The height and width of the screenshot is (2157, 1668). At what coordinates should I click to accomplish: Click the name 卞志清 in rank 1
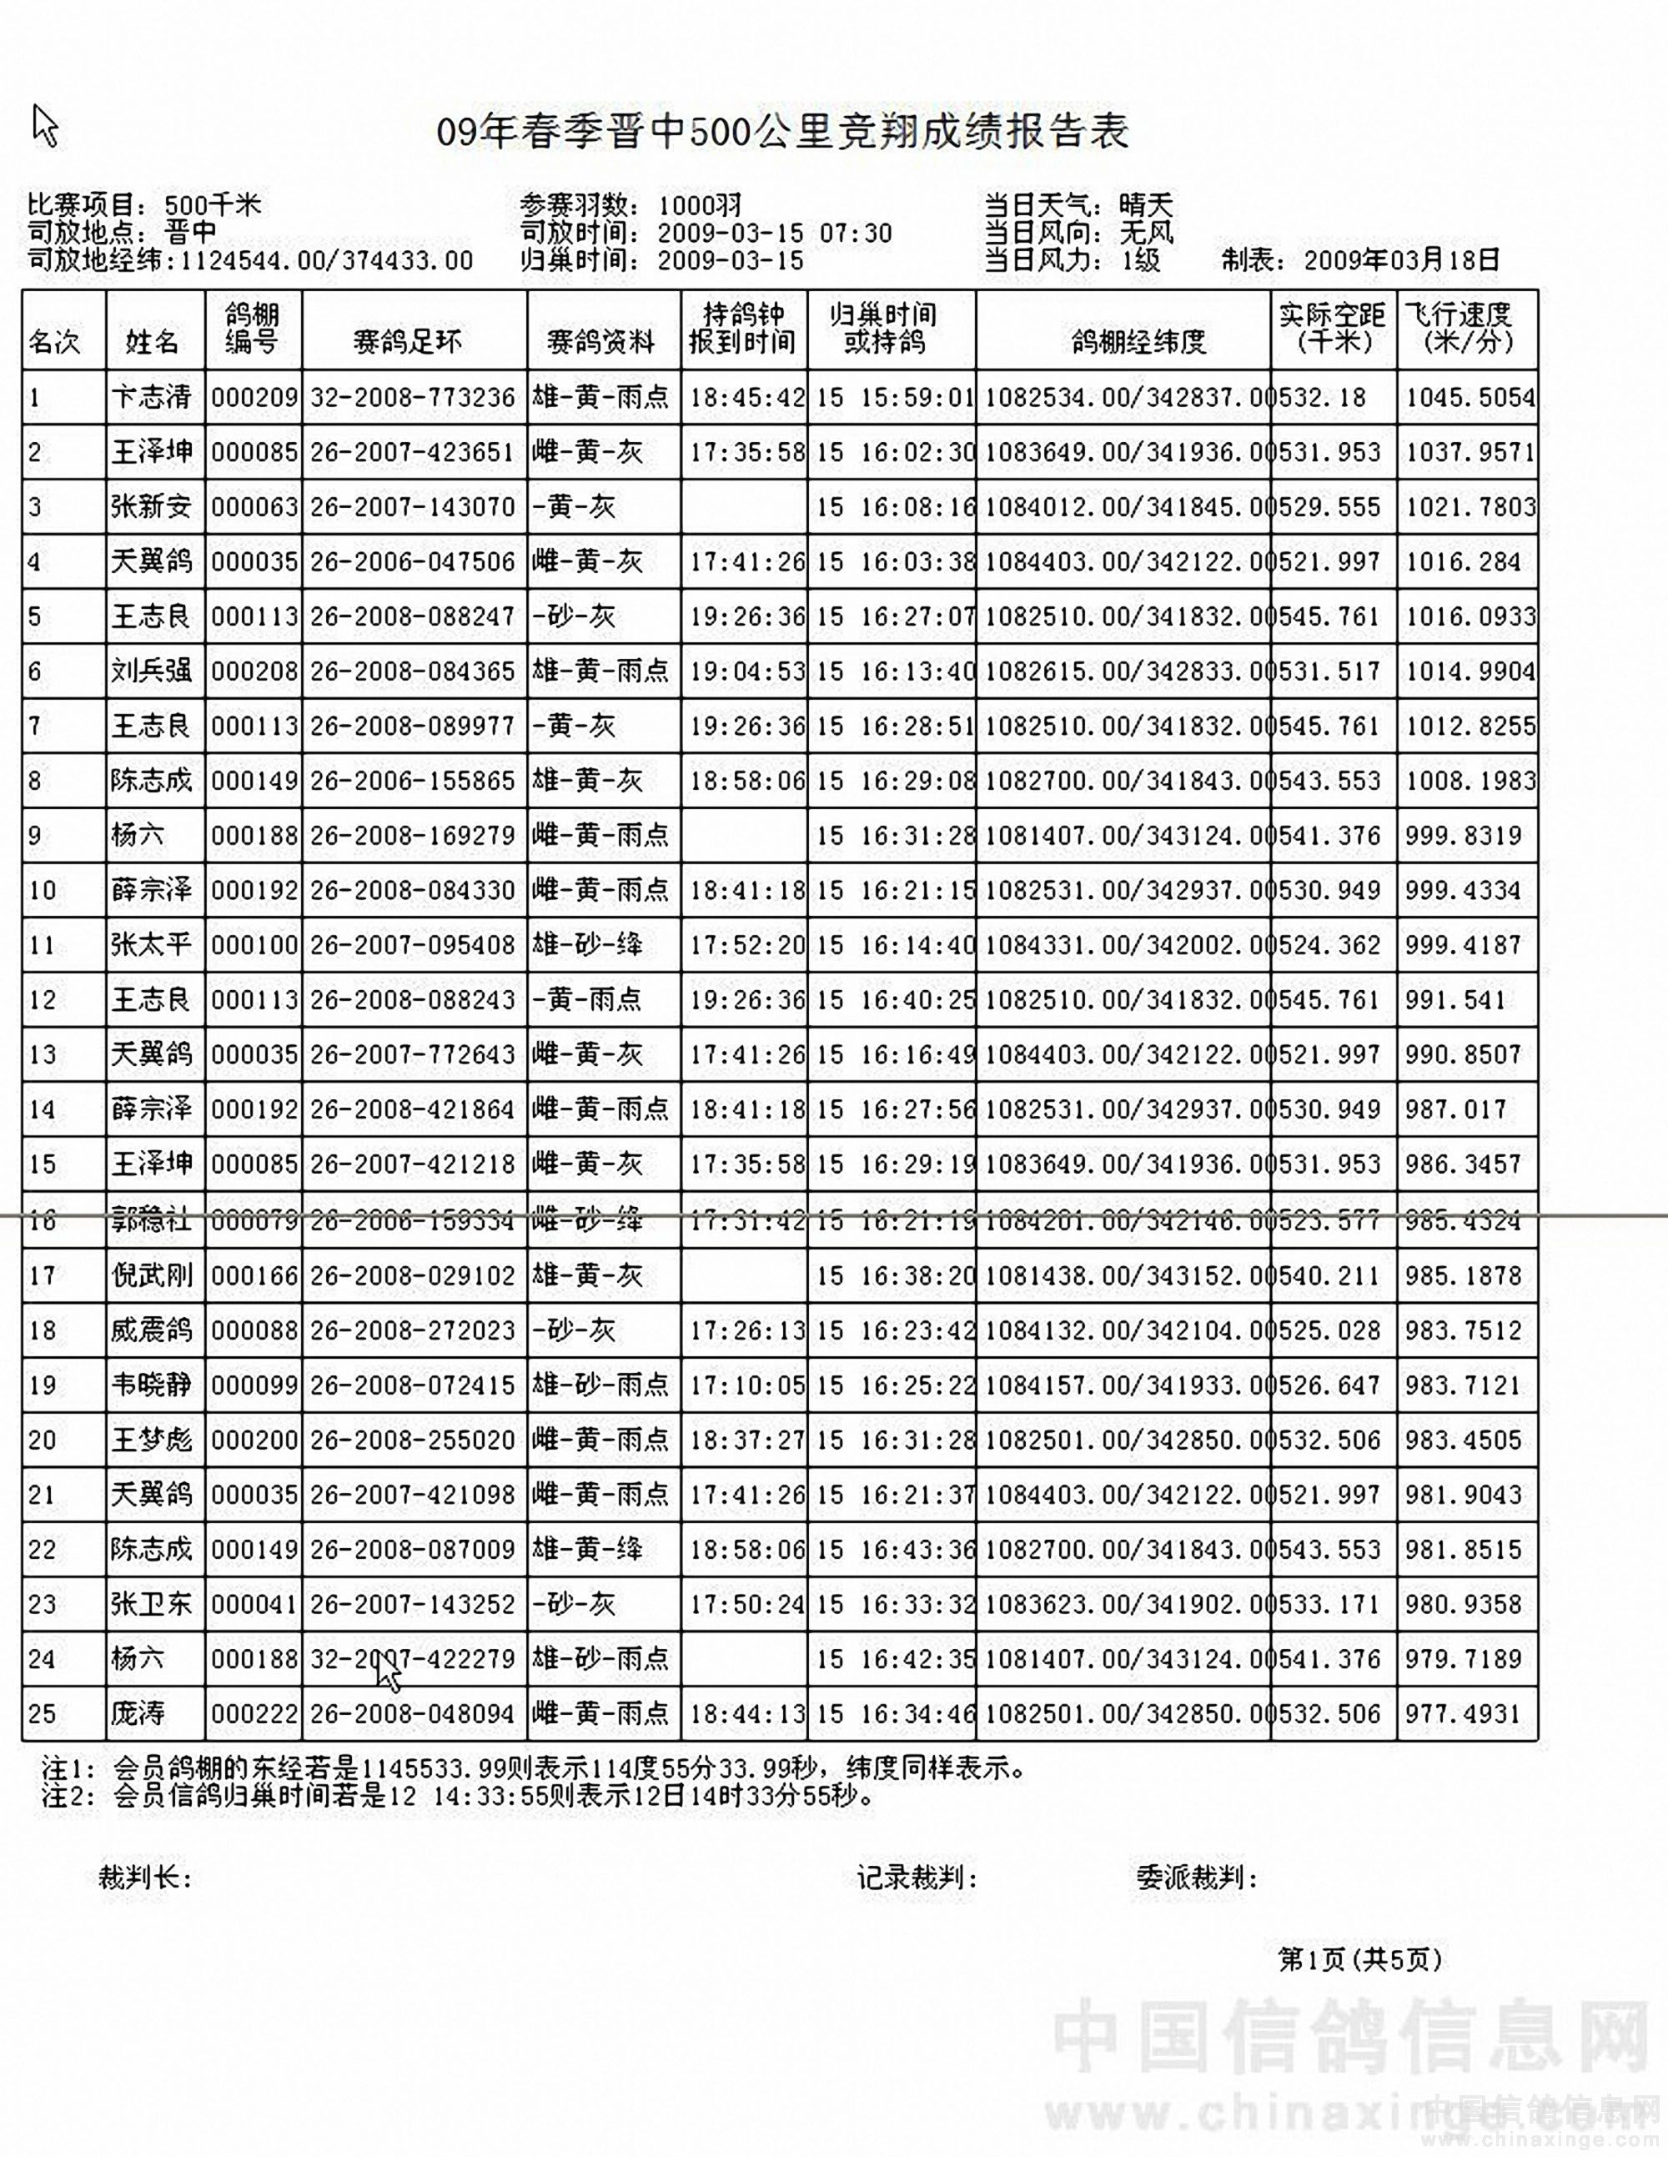[151, 397]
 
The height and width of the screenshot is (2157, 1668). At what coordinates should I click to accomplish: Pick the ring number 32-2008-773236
[413, 397]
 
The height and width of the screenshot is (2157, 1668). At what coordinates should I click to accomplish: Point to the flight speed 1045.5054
[1470, 397]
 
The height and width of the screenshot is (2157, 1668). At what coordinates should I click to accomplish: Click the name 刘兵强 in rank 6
[151, 671]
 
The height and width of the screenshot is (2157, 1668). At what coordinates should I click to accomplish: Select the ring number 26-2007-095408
[413, 945]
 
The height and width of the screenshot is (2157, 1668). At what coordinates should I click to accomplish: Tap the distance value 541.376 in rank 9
[1329, 836]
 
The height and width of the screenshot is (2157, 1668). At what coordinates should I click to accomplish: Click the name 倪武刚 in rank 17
[151, 1275]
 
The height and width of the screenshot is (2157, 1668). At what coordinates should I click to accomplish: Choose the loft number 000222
[254, 1713]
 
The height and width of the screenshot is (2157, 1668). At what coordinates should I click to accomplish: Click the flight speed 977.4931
[1463, 1713]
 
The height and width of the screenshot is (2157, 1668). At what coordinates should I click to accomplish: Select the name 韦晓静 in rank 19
[151, 1385]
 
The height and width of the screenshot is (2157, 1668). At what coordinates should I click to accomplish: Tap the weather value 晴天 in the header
[1146, 205]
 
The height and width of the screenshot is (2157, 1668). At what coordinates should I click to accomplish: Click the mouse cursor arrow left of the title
[44, 125]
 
